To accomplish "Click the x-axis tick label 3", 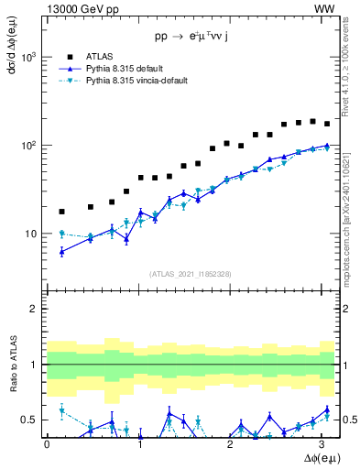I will tap(325, 443).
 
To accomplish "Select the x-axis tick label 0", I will tap(47, 443).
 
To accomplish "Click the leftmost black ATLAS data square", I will tap(61, 212).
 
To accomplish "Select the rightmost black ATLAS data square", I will tap(327, 124).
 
